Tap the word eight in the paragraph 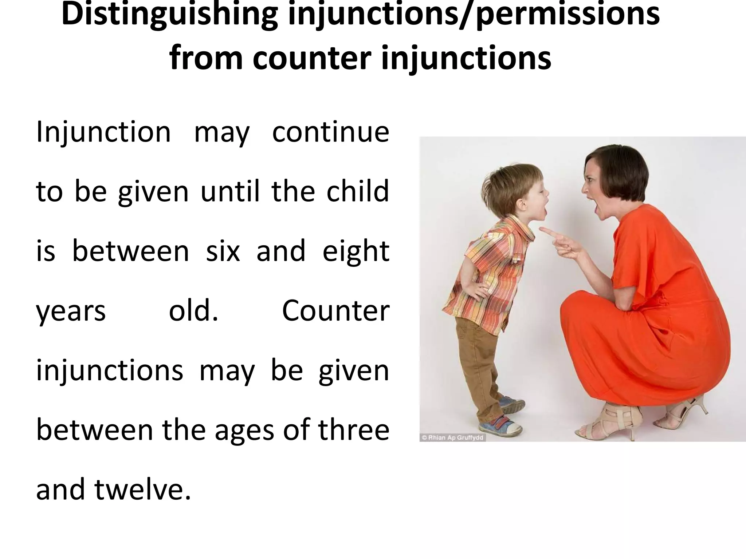[356, 252]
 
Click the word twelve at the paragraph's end [142, 489]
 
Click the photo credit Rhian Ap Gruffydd [452, 438]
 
